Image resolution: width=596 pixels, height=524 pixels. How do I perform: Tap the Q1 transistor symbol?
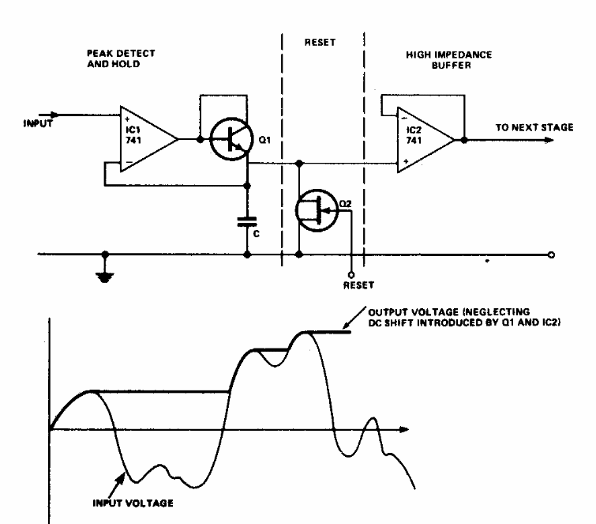pyautogui.click(x=231, y=139)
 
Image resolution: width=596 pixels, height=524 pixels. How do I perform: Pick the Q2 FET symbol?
pyautogui.click(x=317, y=210)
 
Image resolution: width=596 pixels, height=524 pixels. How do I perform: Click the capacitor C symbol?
pyautogui.click(x=247, y=221)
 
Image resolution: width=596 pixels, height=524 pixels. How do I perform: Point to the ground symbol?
pyautogui.click(x=105, y=277)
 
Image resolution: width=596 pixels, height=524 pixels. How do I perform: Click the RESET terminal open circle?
pyautogui.click(x=351, y=275)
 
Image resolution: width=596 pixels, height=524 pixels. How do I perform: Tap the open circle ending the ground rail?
pyautogui.click(x=552, y=255)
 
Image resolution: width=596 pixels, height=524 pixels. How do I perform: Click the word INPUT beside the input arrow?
pyautogui.click(x=38, y=123)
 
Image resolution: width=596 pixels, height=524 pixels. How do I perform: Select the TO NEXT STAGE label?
pyautogui.click(x=534, y=127)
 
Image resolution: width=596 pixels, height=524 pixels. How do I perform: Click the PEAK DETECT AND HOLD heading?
pyautogui.click(x=121, y=58)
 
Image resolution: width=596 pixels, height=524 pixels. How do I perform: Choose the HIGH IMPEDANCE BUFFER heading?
pyautogui.click(x=449, y=60)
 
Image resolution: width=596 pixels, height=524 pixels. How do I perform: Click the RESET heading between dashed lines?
pyautogui.click(x=320, y=42)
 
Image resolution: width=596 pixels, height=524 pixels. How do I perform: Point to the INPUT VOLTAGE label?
pyautogui.click(x=133, y=503)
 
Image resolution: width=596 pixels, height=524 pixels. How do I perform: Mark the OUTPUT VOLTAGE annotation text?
pyautogui.click(x=464, y=318)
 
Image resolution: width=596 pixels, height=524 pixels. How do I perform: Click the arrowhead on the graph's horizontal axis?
pyautogui.click(x=404, y=430)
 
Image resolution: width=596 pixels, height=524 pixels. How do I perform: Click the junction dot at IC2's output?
pyautogui.click(x=464, y=140)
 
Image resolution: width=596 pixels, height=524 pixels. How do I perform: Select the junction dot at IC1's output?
pyautogui.click(x=201, y=139)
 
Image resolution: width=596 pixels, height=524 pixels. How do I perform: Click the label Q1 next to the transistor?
pyautogui.click(x=264, y=140)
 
